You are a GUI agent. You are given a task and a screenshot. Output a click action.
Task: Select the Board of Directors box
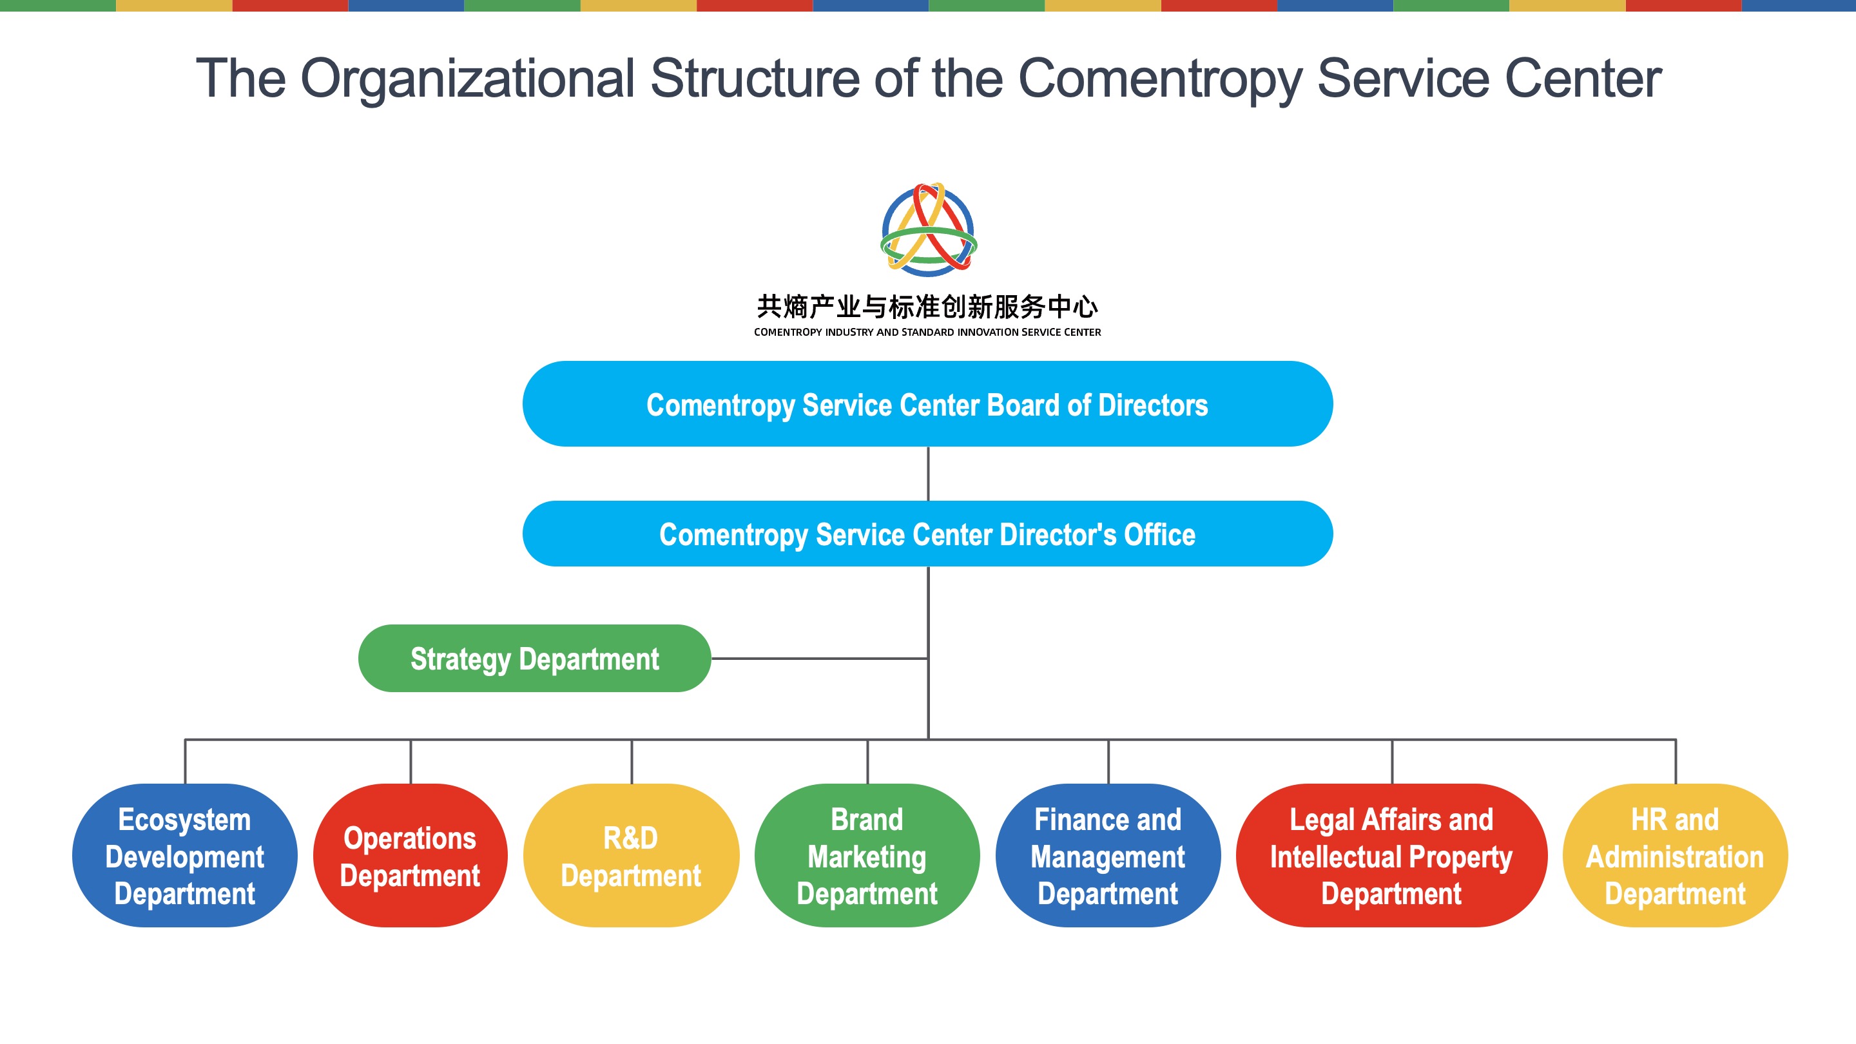tap(927, 404)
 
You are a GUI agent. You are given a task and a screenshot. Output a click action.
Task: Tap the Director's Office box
tap(927, 534)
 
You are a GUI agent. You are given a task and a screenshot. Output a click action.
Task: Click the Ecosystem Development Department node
tap(184, 855)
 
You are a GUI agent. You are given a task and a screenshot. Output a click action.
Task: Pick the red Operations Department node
tap(410, 855)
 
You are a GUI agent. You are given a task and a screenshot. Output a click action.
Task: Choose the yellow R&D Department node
tap(631, 855)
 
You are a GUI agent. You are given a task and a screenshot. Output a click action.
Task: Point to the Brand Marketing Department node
tap(867, 855)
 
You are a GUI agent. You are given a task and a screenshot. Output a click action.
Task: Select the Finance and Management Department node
tap(1107, 855)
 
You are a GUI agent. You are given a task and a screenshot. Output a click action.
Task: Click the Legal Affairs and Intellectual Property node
tap(1391, 855)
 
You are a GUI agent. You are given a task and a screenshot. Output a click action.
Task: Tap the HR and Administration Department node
tap(1674, 855)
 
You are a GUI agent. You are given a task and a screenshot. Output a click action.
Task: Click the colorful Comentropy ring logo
tap(929, 230)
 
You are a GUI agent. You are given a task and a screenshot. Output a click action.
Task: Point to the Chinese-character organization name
tap(927, 307)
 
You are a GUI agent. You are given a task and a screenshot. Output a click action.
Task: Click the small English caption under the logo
tap(927, 332)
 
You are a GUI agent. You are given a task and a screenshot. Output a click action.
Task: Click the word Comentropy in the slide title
tap(1160, 79)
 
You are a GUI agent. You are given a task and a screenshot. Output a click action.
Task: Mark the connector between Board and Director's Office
tap(928, 474)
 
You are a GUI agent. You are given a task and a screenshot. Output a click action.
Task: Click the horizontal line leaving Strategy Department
tap(818, 659)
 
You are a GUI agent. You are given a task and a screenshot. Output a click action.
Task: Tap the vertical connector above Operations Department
tap(411, 762)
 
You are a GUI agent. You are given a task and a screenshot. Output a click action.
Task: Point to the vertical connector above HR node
tap(1675, 762)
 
